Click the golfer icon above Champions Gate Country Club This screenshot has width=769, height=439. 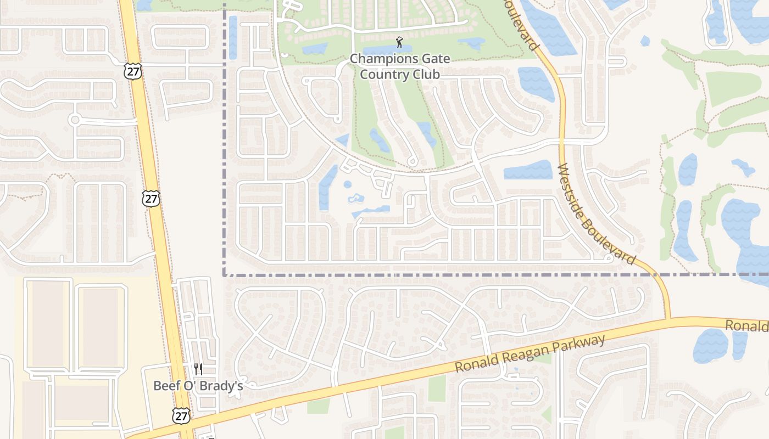[400, 42]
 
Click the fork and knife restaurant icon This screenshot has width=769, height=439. [198, 369]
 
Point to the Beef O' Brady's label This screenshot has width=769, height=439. [198, 386]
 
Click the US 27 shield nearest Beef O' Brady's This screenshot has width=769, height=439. [181, 416]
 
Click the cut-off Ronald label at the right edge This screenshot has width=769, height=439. [746, 326]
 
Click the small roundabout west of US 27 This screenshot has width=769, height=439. [75, 120]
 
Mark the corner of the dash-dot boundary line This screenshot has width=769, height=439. [224, 274]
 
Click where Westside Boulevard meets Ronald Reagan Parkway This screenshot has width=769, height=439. [667, 319]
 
